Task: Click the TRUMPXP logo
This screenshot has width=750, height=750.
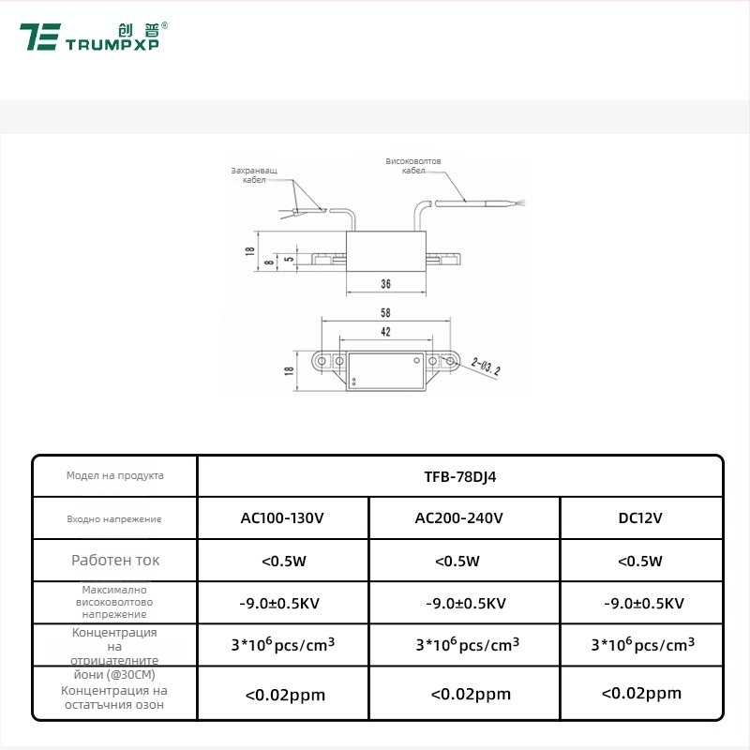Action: (94, 37)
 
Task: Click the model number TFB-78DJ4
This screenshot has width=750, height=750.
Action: (459, 475)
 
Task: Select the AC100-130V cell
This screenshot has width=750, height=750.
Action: (282, 517)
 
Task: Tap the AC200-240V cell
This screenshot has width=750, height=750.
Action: (464, 517)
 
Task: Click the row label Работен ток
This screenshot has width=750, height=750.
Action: (115, 561)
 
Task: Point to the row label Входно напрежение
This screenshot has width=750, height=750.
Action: (114, 518)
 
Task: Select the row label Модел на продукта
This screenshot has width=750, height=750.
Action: (114, 475)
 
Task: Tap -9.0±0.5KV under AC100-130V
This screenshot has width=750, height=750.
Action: (282, 603)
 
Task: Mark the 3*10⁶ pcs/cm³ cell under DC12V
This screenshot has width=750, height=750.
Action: (642, 645)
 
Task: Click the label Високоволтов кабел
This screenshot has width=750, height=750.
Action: (413, 166)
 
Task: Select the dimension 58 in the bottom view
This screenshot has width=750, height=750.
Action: (385, 312)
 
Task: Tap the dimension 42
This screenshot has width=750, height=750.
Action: (385, 331)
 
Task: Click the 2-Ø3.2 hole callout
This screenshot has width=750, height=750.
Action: (487, 364)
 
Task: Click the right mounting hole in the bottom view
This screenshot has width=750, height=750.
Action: (451, 361)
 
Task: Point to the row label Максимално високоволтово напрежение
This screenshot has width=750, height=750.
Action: (114, 602)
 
